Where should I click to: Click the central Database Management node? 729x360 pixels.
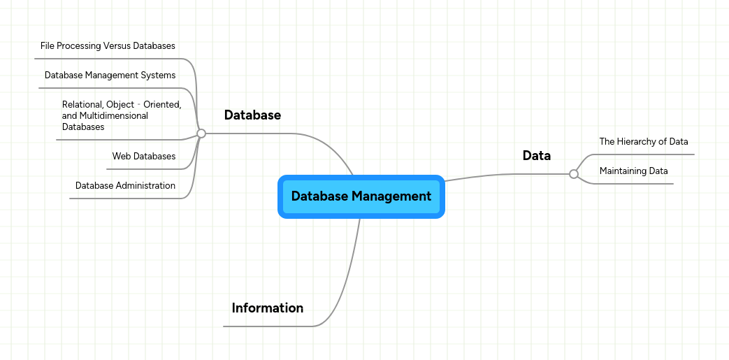point(361,196)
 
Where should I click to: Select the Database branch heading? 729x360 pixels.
point(252,115)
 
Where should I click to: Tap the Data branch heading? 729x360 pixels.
point(536,156)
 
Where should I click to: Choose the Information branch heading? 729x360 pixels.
point(267,308)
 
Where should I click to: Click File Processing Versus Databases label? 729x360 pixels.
point(108,46)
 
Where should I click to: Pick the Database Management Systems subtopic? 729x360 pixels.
point(110,75)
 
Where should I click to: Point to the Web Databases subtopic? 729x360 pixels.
point(143,157)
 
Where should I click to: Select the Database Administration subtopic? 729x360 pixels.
point(125,186)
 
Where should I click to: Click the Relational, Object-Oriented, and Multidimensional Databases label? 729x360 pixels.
point(121,116)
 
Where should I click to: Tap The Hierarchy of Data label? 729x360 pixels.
point(643,142)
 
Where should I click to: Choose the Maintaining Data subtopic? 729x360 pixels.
point(633,171)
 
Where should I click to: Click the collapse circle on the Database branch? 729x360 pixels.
point(201,133)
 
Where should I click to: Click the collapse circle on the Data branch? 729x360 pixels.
point(574,174)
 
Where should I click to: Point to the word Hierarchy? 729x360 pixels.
point(637,142)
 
